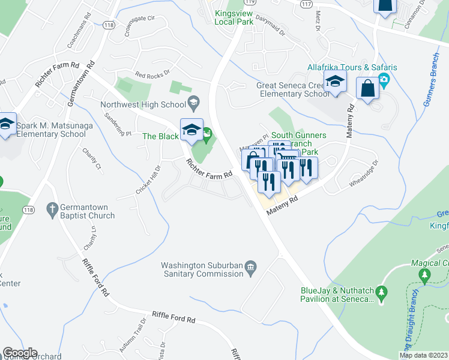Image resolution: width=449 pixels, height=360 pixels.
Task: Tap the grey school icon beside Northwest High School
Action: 193,105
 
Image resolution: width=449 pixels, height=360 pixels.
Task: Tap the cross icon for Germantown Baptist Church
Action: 52,209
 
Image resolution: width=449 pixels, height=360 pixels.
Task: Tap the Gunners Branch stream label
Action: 432,80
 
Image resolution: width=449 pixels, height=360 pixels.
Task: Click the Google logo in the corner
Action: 20,353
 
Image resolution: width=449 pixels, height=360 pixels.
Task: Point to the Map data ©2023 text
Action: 423,355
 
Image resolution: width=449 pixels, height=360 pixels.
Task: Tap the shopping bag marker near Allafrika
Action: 367,89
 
